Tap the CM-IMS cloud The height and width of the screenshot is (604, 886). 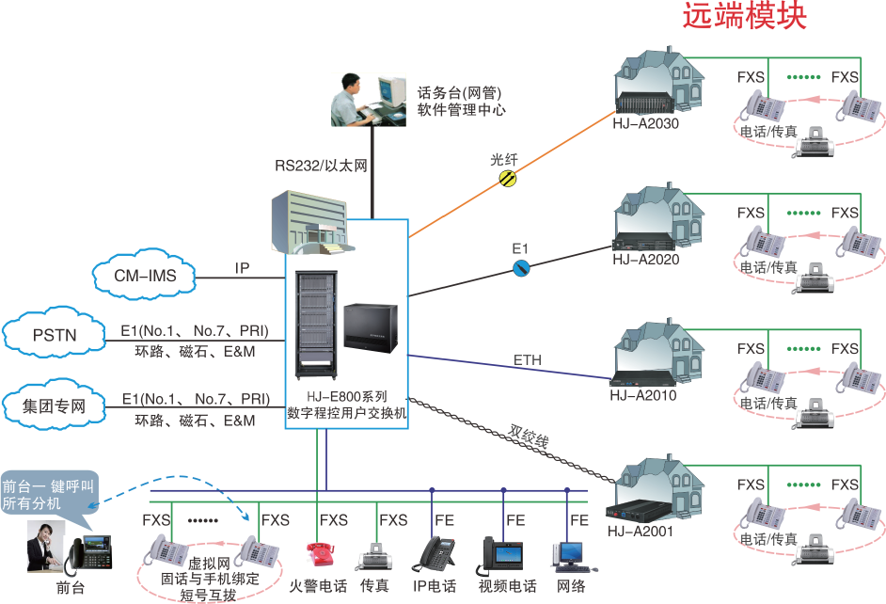143,276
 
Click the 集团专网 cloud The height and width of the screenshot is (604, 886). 54,407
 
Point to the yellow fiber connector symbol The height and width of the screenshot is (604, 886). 507,177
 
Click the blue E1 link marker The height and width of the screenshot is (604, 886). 520,268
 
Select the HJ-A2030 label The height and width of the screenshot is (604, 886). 644,122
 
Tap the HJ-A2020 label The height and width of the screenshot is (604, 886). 644,260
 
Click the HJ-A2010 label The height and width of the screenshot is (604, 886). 642,395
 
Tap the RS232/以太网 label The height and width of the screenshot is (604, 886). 321,166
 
